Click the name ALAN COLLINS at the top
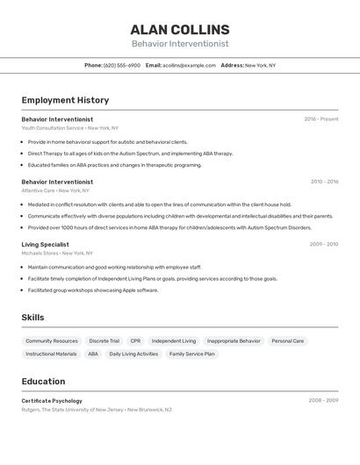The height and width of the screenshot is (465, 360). (x=180, y=29)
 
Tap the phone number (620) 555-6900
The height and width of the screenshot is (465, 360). (x=122, y=65)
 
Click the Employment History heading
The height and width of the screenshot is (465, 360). (x=65, y=100)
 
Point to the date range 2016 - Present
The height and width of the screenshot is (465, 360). (x=321, y=119)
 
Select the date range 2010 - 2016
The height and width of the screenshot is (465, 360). (x=324, y=182)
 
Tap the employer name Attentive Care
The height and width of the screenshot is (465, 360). (x=38, y=190)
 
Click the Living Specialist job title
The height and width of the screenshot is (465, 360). (x=45, y=245)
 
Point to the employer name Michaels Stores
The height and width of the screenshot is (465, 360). (x=40, y=254)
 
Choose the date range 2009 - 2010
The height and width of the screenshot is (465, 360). (x=324, y=245)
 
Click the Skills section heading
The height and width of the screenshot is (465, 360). (x=33, y=317)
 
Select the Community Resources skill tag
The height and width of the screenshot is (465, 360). (x=52, y=340)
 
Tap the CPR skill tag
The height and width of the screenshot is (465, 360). (x=135, y=340)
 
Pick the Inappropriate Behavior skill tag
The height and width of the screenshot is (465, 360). (x=234, y=340)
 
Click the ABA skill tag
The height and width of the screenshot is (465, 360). (x=93, y=354)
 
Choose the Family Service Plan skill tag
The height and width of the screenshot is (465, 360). (x=191, y=354)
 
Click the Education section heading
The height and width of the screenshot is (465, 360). (x=43, y=382)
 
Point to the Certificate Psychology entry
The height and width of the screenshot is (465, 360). (x=52, y=401)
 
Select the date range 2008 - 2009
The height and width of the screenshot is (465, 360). (x=323, y=401)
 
